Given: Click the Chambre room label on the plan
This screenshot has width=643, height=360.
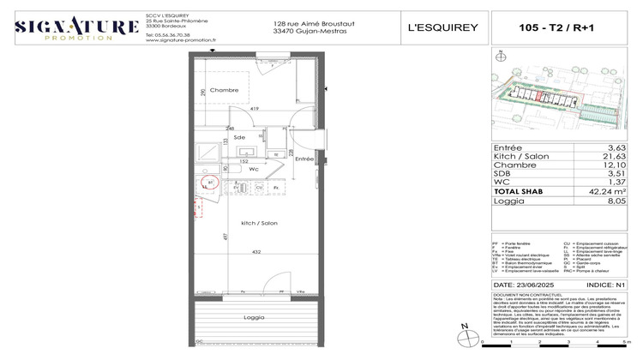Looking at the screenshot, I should click(x=224, y=90).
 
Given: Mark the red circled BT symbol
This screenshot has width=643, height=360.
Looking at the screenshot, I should click(x=211, y=183).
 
